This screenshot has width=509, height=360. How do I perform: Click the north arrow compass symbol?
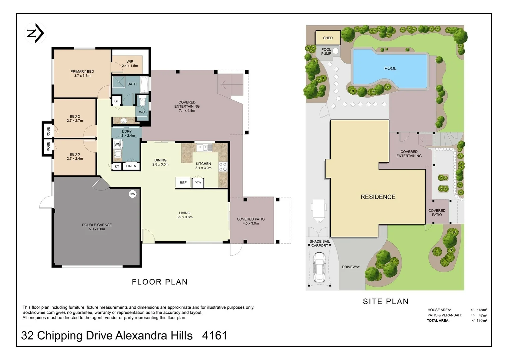point(35,33)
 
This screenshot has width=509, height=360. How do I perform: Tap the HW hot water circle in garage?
point(133,194)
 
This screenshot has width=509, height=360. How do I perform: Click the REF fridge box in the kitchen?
point(183,183)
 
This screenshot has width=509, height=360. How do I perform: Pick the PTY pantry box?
point(198,183)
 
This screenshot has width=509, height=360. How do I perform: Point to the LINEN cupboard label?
point(131,166)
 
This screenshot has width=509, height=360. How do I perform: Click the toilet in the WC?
point(142,101)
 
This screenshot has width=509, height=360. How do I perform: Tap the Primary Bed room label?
point(82,73)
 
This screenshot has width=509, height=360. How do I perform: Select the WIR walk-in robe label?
point(130,64)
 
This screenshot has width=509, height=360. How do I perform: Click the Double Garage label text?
point(97,227)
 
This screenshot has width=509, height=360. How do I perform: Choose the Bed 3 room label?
point(75,156)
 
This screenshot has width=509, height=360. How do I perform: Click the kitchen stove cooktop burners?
point(223,167)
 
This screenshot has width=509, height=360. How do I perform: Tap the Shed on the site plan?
point(328,38)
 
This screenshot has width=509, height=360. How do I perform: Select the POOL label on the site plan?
point(390,68)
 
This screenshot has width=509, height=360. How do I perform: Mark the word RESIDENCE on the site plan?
point(378,197)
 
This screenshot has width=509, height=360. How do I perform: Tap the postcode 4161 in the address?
point(215,335)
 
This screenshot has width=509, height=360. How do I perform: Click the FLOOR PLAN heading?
point(160,282)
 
